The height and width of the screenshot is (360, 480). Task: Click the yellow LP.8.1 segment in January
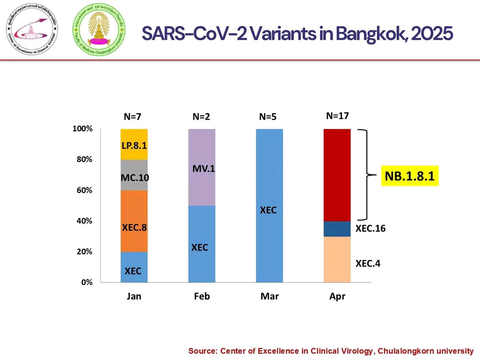(x=134, y=144)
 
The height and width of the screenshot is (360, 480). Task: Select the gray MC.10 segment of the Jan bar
(x=134, y=175)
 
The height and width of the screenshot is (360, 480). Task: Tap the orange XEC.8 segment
(x=134, y=221)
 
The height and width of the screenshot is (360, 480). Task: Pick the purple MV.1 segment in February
(x=202, y=168)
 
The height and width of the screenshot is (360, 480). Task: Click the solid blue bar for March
(x=270, y=205)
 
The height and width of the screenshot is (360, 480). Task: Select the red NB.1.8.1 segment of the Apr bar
(x=337, y=175)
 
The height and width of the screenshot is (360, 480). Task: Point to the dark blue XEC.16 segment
(x=337, y=229)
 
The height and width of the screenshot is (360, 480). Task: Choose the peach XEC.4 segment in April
(x=337, y=259)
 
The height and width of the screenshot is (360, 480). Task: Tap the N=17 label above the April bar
(x=338, y=116)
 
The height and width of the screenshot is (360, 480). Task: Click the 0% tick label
(x=87, y=282)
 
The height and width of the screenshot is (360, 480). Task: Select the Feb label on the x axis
(x=202, y=296)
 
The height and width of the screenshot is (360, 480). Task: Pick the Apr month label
(x=337, y=296)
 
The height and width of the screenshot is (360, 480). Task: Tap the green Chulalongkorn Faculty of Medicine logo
(x=97, y=30)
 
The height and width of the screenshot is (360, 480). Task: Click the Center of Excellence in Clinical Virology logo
(x=32, y=30)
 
